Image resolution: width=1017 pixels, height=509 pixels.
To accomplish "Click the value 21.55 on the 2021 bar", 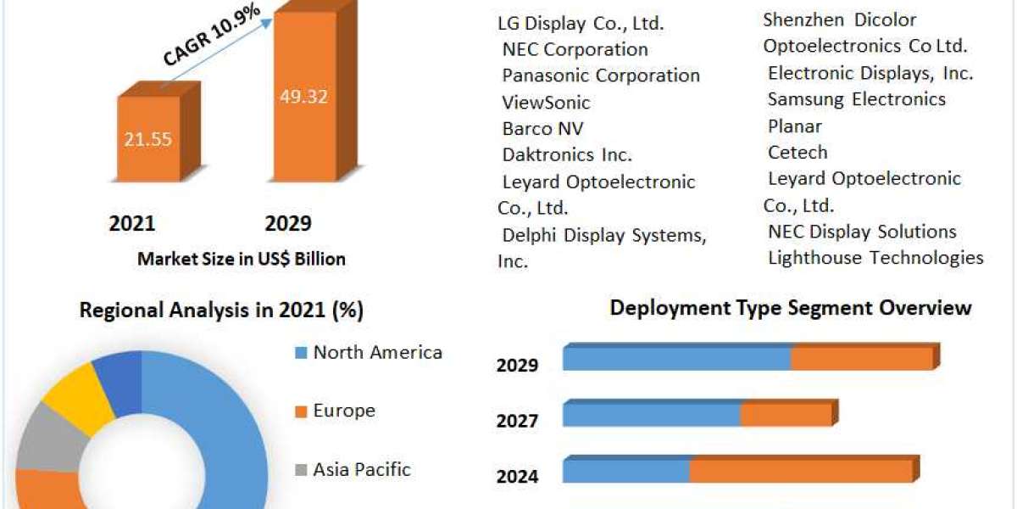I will tap(147, 139).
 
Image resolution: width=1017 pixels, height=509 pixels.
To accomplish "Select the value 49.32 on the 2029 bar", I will tap(303, 96).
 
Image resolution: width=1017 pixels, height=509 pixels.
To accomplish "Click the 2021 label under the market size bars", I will tap(132, 223).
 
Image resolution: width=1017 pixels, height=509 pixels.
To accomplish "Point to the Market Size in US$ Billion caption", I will tap(242, 260).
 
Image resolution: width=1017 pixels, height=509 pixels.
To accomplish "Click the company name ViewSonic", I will tap(546, 103).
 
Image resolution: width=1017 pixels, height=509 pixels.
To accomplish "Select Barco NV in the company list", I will tap(542, 129).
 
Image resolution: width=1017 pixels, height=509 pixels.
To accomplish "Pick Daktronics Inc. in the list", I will tap(567, 155).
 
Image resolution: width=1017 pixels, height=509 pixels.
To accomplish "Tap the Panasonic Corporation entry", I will tap(601, 76).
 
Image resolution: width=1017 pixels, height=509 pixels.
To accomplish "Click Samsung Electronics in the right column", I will tap(856, 99).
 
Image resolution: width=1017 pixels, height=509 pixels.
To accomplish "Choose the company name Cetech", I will tap(797, 153).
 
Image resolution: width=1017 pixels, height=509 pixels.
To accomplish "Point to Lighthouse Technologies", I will tap(875, 258).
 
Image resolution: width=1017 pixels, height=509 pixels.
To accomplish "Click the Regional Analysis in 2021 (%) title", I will tap(221, 310).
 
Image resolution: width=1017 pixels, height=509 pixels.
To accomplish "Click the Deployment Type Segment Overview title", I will tap(790, 307).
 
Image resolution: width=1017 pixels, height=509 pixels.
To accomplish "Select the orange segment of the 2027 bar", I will tap(786, 415).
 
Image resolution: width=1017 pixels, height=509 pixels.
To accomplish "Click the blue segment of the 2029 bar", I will tap(676, 359).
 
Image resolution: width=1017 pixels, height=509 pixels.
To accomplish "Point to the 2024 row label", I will tap(517, 477).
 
